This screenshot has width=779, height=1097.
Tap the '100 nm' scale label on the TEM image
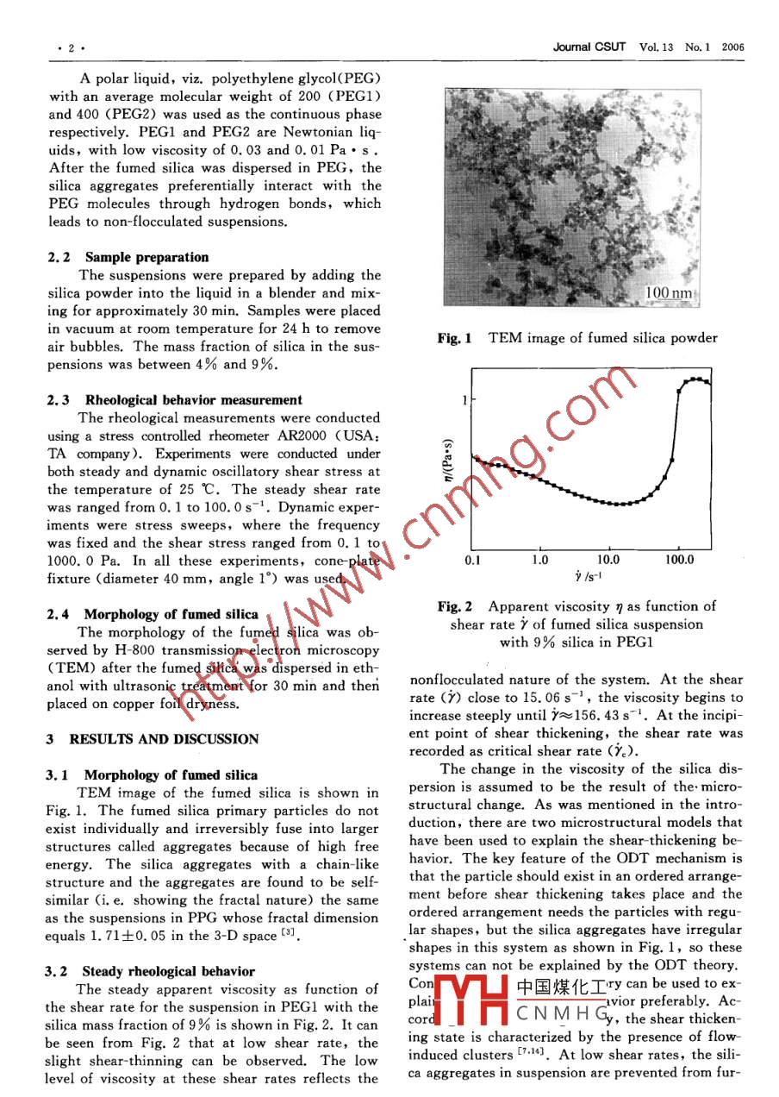coord(669,294)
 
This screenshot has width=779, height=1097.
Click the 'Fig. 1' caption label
coord(454,339)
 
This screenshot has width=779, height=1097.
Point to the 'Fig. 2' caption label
coord(454,607)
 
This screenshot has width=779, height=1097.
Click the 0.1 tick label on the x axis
coord(473,560)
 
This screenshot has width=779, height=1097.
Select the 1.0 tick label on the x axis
coord(539,560)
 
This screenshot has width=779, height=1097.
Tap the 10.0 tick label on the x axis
coord(608,560)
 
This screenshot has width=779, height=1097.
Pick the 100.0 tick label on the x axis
coord(679,560)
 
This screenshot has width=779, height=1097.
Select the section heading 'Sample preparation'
coord(146,257)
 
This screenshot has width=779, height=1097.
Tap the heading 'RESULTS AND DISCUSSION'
coord(164,739)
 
